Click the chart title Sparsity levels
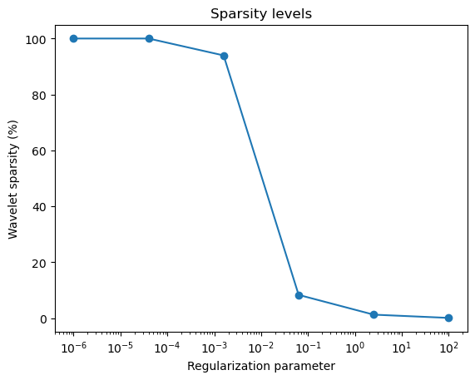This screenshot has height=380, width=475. coord(261,14)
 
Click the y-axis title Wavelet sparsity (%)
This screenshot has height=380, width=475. coord(14,178)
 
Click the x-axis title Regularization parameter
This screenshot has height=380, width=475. coord(261,366)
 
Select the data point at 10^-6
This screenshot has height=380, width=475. coord(73,38)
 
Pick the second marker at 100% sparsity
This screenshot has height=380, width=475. coord(149,38)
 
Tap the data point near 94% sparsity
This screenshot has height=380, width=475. coord(224,56)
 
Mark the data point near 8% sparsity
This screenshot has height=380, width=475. coord(299,295)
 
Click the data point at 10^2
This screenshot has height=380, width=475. coord(448,318)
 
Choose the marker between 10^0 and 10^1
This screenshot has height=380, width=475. coord(374,314)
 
